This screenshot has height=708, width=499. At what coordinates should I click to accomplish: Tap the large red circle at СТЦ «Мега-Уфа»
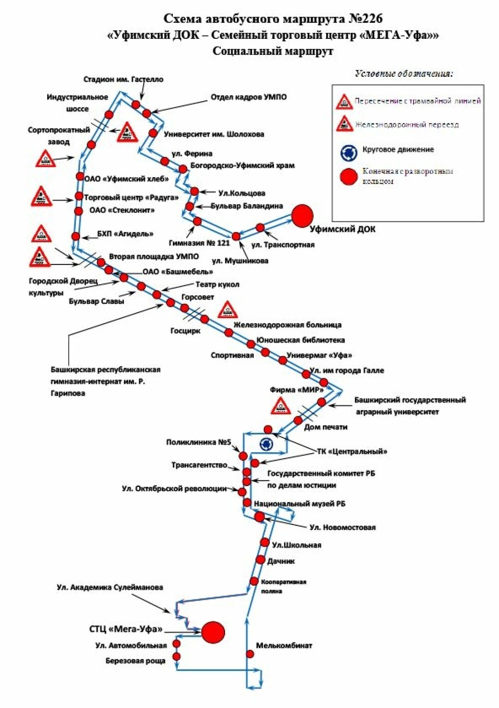[213, 632]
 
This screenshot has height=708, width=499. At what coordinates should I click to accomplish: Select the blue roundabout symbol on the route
[267, 444]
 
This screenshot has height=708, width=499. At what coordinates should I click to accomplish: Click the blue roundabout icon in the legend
[348, 152]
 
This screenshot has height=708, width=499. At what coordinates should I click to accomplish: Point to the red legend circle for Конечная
[348, 176]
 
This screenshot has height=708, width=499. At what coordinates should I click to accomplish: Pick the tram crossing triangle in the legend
[344, 101]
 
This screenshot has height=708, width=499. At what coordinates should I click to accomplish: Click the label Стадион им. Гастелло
[123, 80]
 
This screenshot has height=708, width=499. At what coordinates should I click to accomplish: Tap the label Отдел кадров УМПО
[249, 97]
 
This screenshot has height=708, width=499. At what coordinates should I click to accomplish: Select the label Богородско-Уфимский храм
[242, 166]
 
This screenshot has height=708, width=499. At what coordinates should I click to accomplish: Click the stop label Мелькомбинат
[284, 646]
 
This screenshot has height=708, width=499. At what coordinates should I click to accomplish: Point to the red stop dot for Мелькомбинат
[250, 654]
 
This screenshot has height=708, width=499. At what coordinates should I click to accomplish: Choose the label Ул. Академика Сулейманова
[110, 587]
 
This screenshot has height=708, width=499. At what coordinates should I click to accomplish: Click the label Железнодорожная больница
[287, 325]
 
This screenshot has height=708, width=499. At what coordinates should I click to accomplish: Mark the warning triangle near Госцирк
[227, 310]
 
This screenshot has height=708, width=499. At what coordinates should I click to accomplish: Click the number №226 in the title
[365, 18]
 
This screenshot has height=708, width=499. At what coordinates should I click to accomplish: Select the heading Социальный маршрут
[273, 51]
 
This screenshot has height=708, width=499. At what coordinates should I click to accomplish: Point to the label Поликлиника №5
[198, 443]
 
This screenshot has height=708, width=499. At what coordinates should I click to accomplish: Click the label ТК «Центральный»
[352, 451]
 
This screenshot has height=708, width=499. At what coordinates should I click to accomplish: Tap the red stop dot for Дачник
[261, 560]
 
